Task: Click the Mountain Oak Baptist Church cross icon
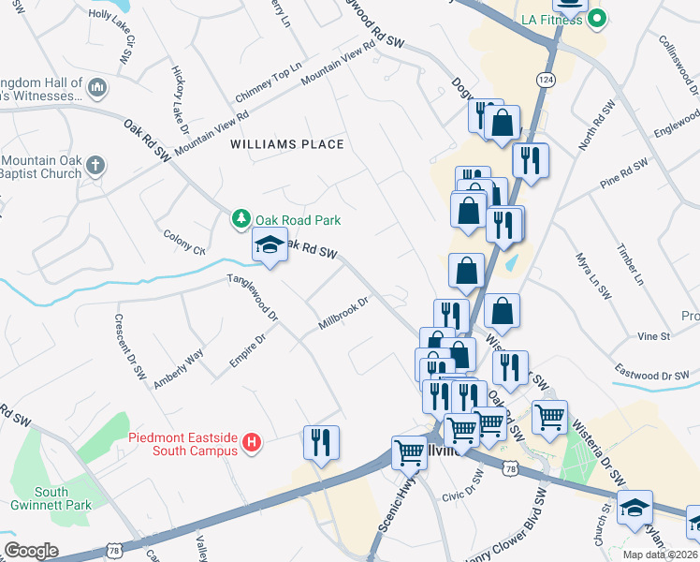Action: point(95,166)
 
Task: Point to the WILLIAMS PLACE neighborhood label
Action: point(288,144)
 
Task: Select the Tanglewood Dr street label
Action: point(253,298)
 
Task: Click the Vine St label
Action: point(653,335)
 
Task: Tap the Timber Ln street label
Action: point(632,265)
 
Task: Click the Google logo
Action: point(31,550)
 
